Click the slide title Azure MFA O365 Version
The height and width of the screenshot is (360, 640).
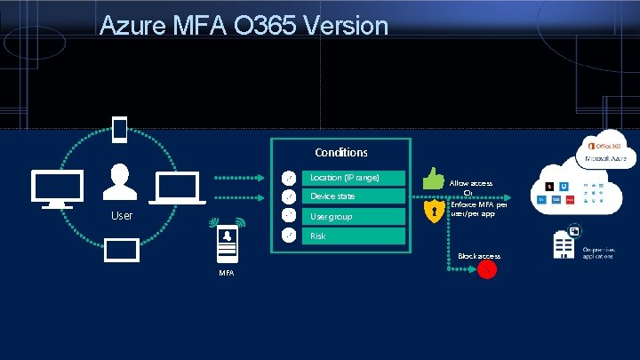tap(244, 25)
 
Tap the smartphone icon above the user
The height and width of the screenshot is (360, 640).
tap(119, 130)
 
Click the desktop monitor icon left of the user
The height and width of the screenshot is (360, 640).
tap(57, 189)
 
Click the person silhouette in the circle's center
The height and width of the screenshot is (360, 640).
tap(119, 182)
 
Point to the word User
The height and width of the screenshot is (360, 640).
tap(121, 216)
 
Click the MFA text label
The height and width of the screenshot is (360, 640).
tap(228, 272)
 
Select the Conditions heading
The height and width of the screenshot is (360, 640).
tap(340, 152)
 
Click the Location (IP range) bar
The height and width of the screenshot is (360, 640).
tap(354, 178)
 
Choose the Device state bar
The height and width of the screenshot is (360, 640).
tap(354, 196)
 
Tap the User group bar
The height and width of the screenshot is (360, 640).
tap(354, 216)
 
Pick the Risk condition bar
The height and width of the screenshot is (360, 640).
tap(354, 236)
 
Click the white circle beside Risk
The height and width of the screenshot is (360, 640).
tap(287, 236)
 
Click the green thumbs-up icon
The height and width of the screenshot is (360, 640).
tap(434, 178)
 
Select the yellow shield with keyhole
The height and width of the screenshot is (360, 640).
tap(433, 212)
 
